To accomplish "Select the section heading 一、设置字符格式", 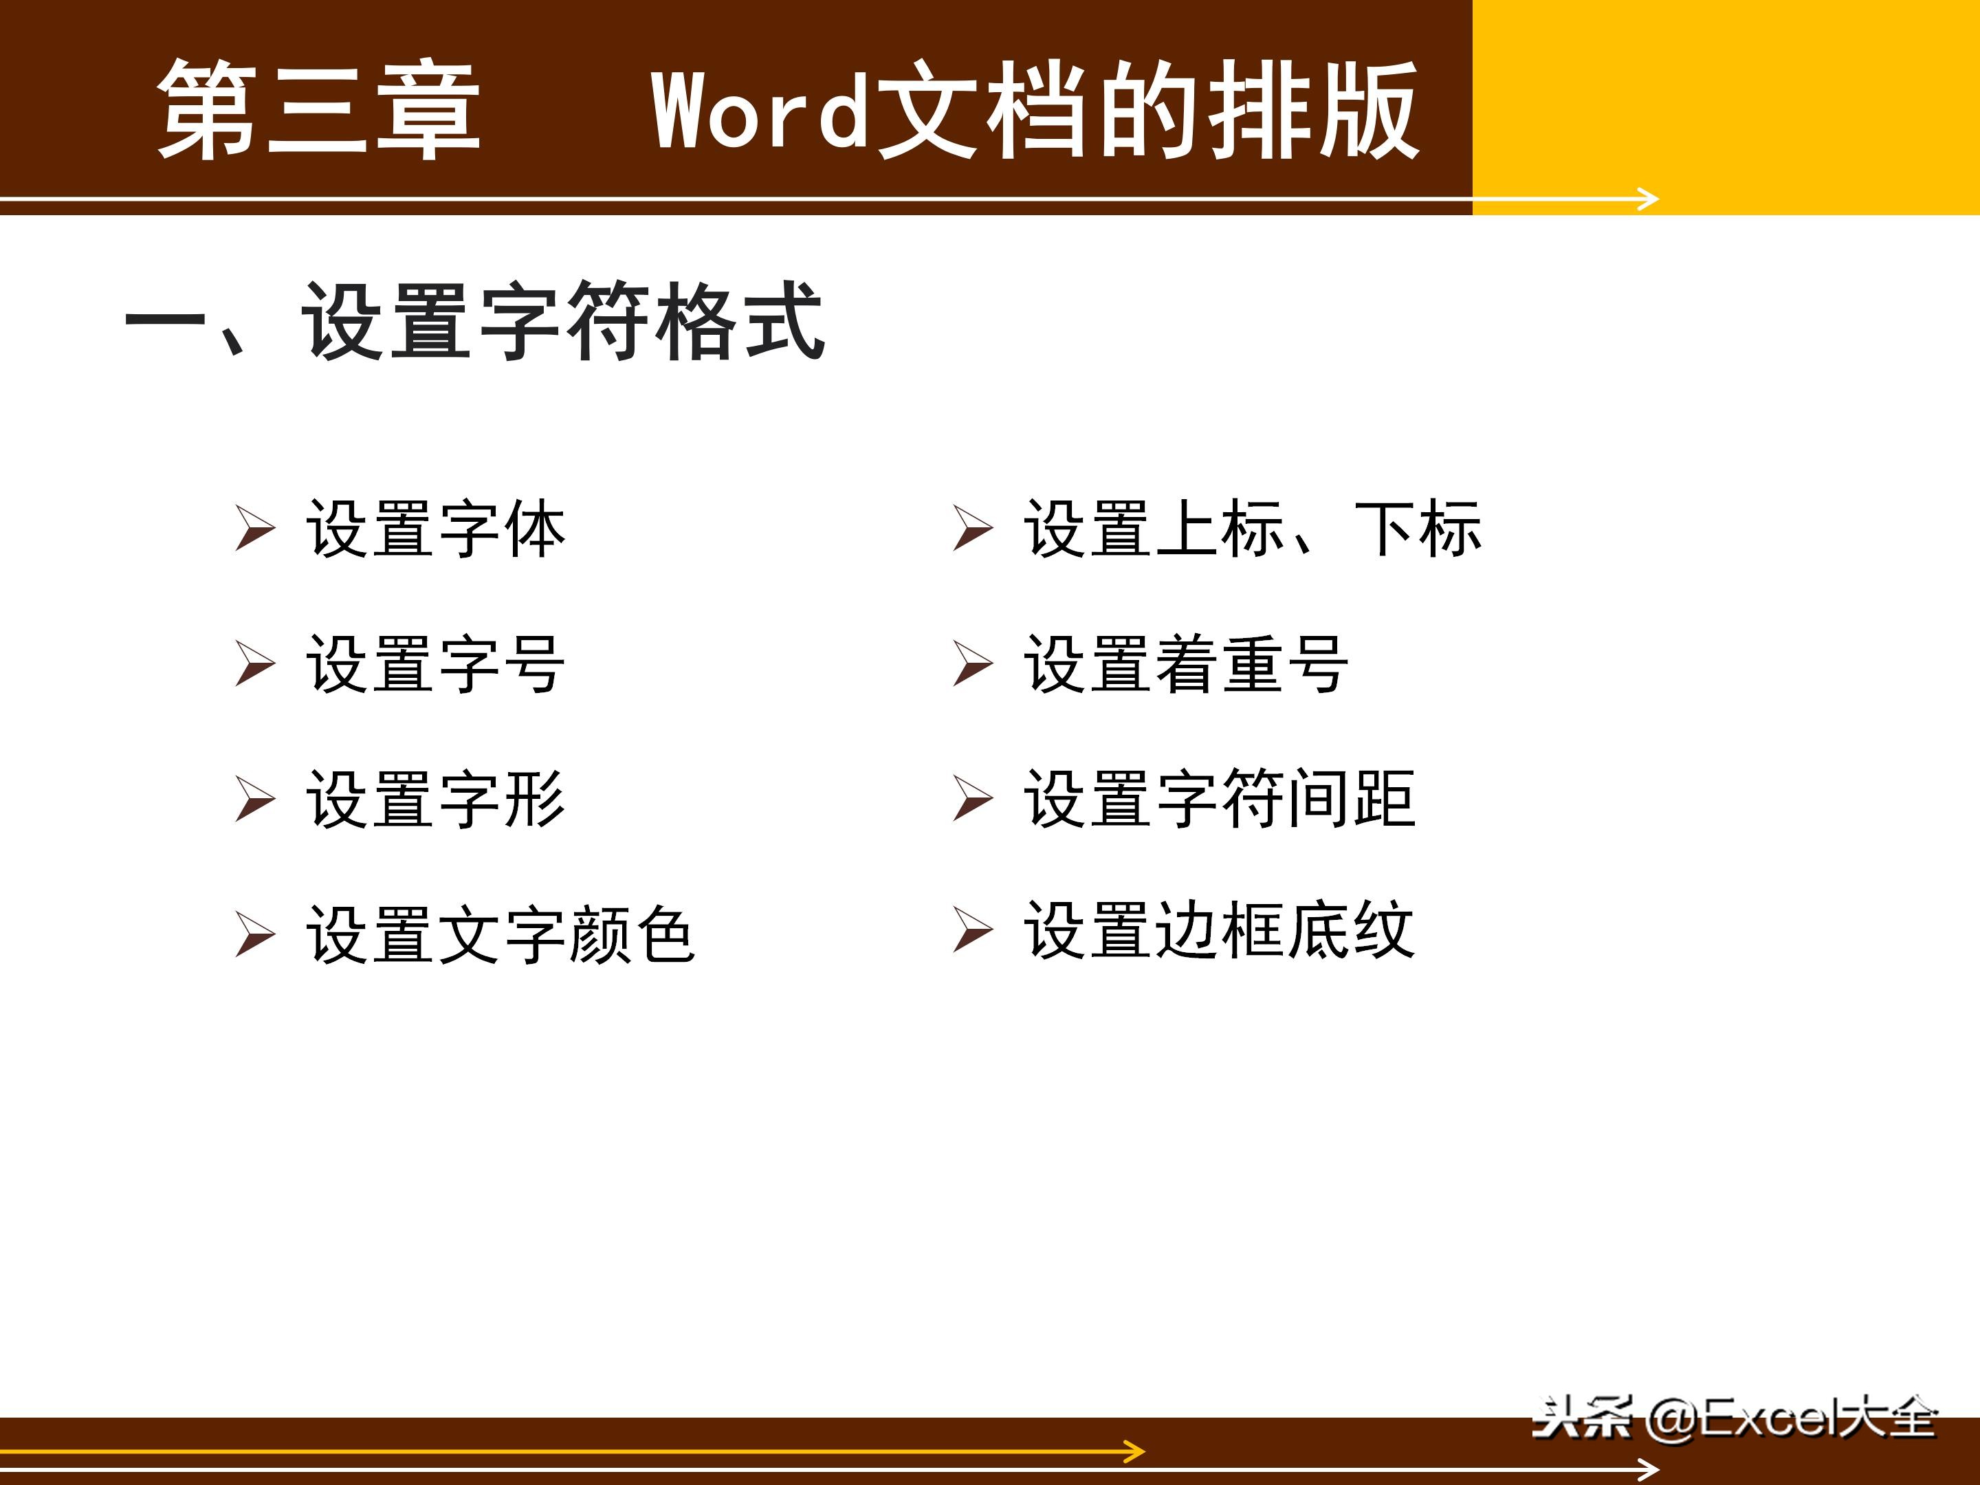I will (x=474, y=320).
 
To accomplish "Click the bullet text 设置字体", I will (x=436, y=529).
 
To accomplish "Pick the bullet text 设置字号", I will (x=436, y=664).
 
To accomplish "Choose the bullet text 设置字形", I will (x=436, y=798).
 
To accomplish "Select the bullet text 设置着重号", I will (x=1186, y=664).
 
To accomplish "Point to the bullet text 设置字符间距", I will (x=1219, y=798).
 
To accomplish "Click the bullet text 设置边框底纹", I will (x=1219, y=931).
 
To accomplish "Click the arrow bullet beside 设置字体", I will (x=255, y=528).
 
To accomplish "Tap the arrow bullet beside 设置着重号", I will (x=973, y=663).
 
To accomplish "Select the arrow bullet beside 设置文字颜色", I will (x=255, y=934).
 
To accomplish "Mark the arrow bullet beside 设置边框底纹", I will (x=973, y=930).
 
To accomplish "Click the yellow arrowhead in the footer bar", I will (x=1135, y=1452).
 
